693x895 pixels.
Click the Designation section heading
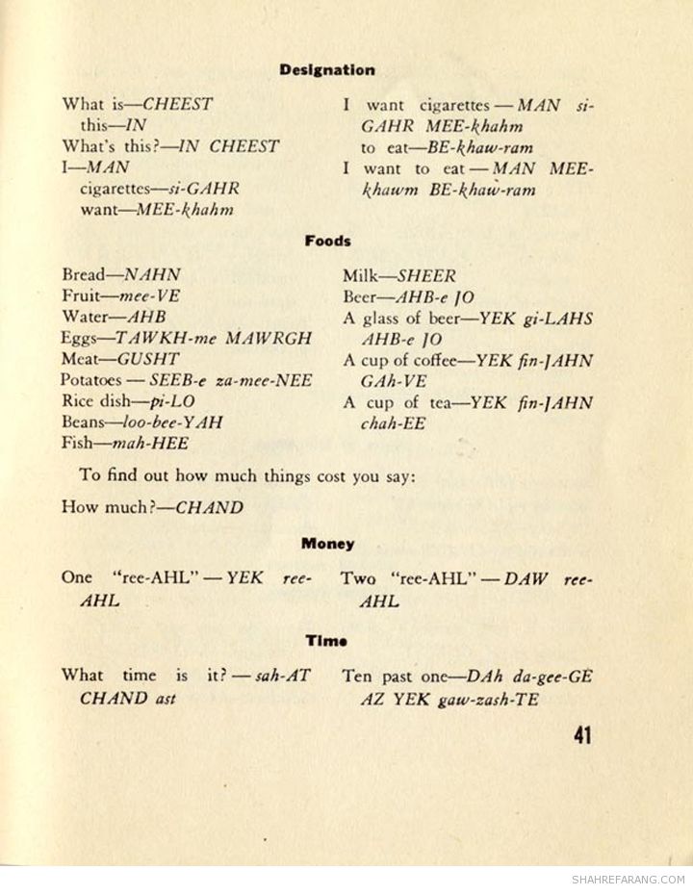327,70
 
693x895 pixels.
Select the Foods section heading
327,242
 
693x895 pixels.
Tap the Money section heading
327,544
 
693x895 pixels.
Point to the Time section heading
326,640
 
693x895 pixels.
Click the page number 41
581,736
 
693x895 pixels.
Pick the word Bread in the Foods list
84,274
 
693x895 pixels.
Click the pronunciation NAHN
152,274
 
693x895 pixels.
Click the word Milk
363,274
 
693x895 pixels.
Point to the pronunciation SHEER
427,274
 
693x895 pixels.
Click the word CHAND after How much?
209,507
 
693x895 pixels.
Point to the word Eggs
80,338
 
